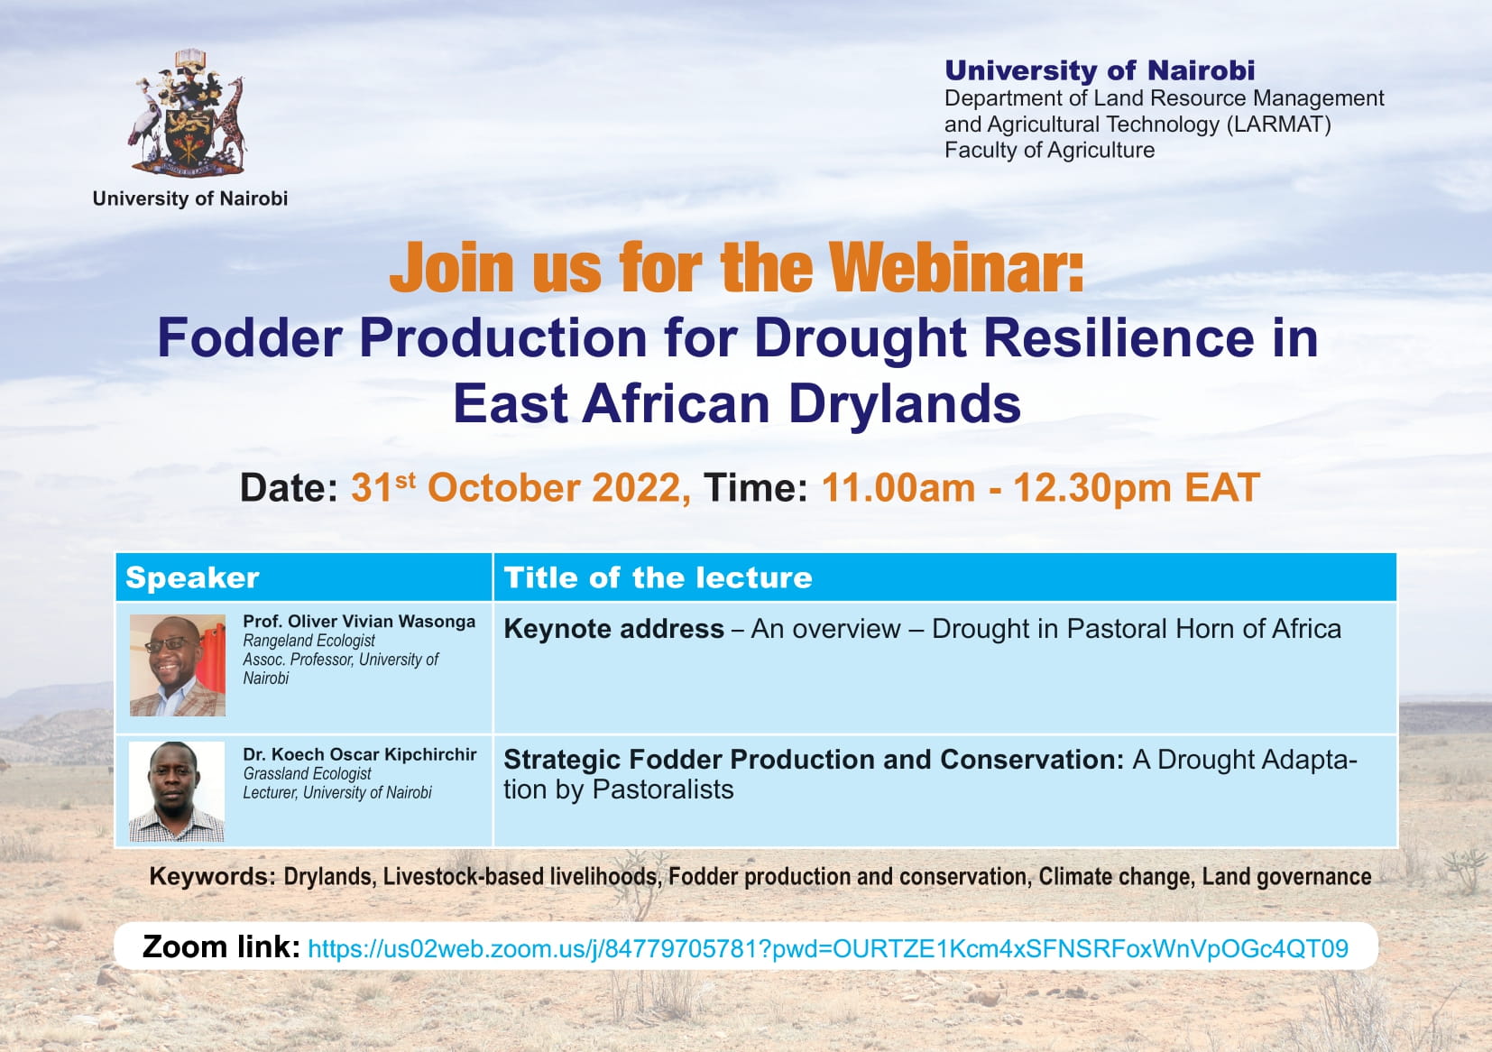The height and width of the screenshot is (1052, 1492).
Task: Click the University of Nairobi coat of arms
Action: pyautogui.click(x=189, y=113)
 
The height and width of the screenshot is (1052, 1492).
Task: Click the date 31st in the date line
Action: pyautogui.click(x=383, y=487)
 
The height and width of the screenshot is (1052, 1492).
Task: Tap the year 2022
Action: pyautogui.click(x=640, y=488)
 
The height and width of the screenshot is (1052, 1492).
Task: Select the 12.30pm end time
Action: pyautogui.click(x=1092, y=488)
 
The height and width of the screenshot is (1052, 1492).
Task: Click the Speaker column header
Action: pyautogui.click(x=192, y=577)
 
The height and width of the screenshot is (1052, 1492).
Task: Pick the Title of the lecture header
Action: pyautogui.click(x=659, y=577)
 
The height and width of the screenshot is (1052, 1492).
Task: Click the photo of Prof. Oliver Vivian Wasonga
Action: pyautogui.click(x=177, y=665)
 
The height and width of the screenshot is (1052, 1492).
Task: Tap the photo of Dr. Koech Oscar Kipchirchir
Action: pyautogui.click(x=177, y=791)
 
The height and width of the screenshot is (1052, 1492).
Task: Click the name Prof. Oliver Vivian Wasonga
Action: pyautogui.click(x=359, y=621)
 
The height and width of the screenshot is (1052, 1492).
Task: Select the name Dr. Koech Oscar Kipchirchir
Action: pyautogui.click(x=360, y=754)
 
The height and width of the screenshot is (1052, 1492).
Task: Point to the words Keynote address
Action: pyautogui.click(x=613, y=629)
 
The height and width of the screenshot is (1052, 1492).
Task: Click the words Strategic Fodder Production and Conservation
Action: pyautogui.click(x=814, y=760)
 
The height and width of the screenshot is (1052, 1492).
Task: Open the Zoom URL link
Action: pyautogui.click(x=828, y=949)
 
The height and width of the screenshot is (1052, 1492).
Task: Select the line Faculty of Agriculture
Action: pyautogui.click(x=1050, y=151)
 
